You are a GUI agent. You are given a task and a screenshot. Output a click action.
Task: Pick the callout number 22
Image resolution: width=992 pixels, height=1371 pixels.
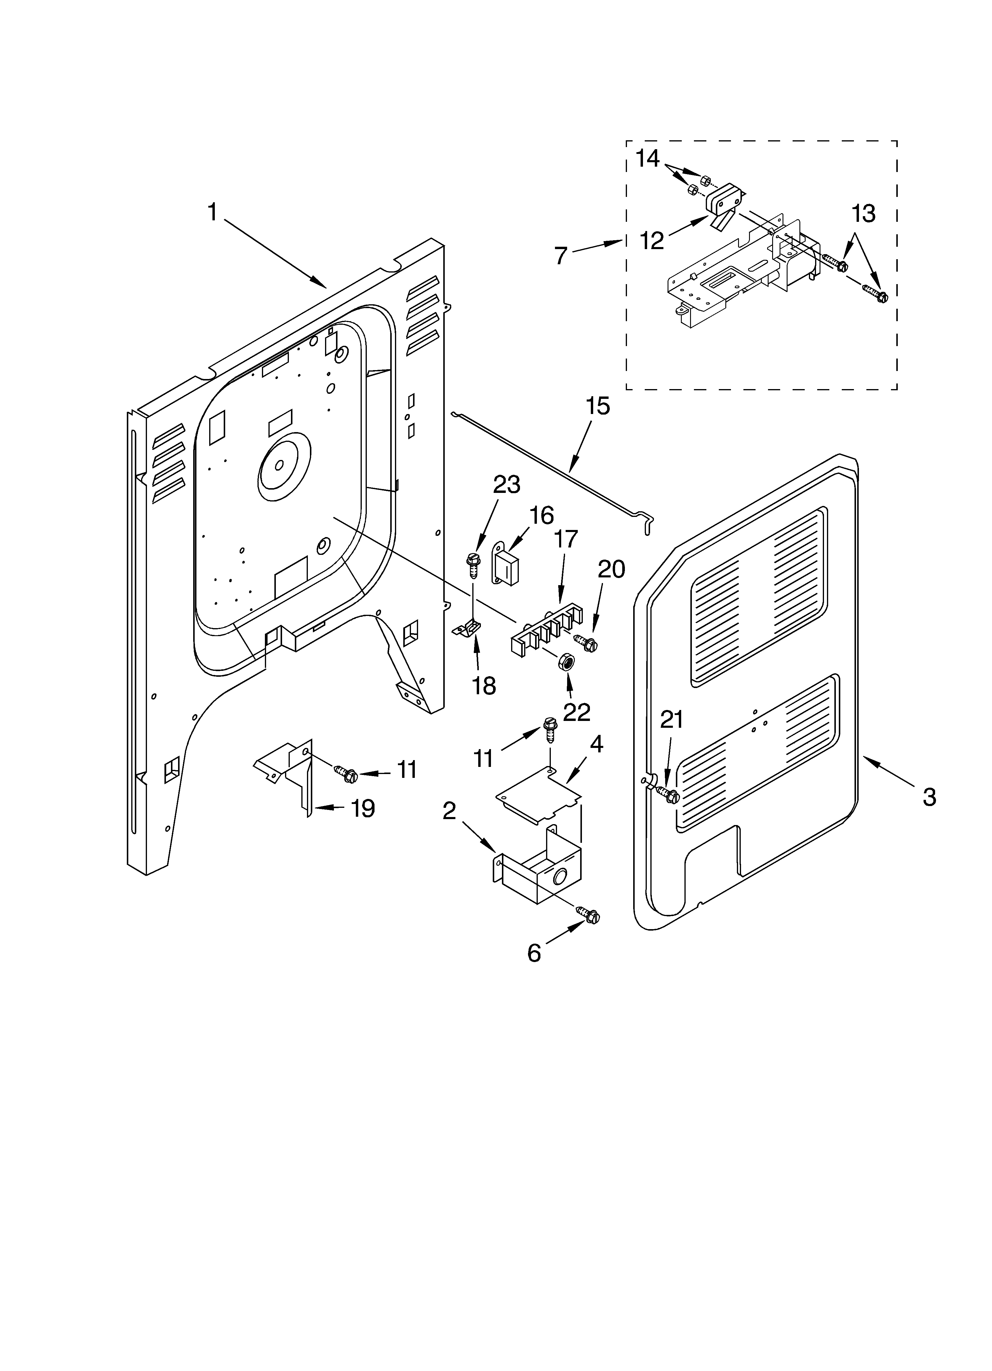click(x=576, y=712)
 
